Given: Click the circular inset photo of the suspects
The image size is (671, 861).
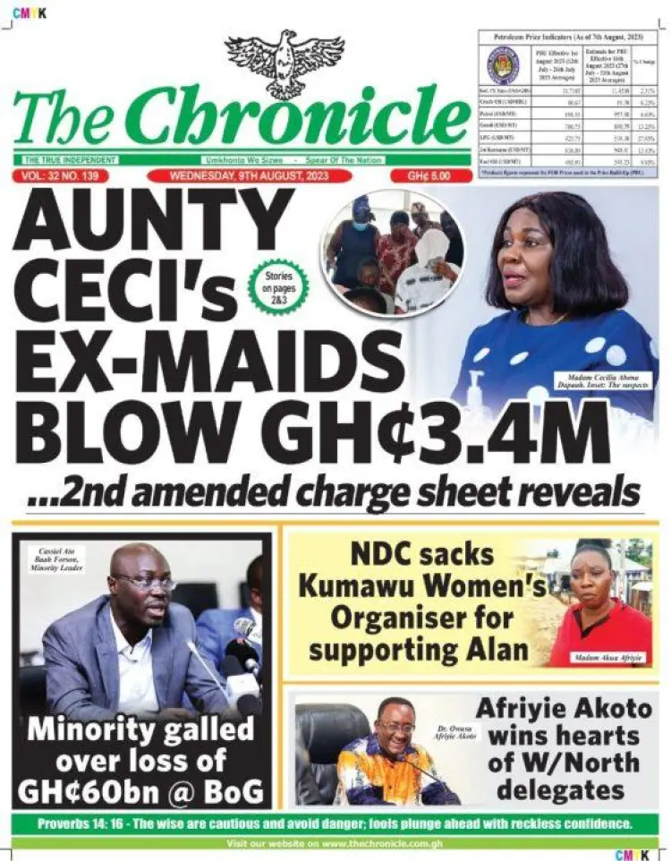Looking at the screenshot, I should click(x=393, y=252).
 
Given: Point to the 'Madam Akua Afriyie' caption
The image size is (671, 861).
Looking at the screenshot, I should click(x=610, y=659).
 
